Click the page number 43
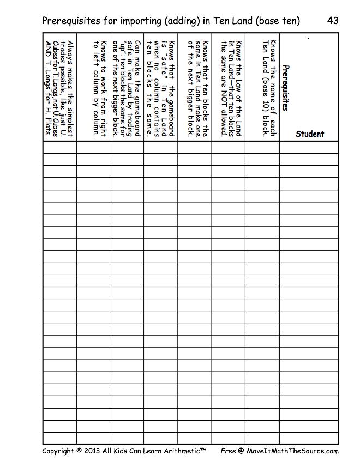click(333, 21)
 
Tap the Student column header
click(309, 134)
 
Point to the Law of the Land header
click(231, 87)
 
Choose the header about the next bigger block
click(197, 87)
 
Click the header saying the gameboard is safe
click(164, 87)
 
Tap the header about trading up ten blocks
click(130, 87)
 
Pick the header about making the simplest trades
click(63, 87)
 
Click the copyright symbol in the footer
click(79, 451)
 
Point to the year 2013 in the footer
click(93, 451)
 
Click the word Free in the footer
click(228, 451)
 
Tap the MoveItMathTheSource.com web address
click(295, 451)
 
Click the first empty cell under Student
click(309, 147)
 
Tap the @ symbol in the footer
click(243, 451)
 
